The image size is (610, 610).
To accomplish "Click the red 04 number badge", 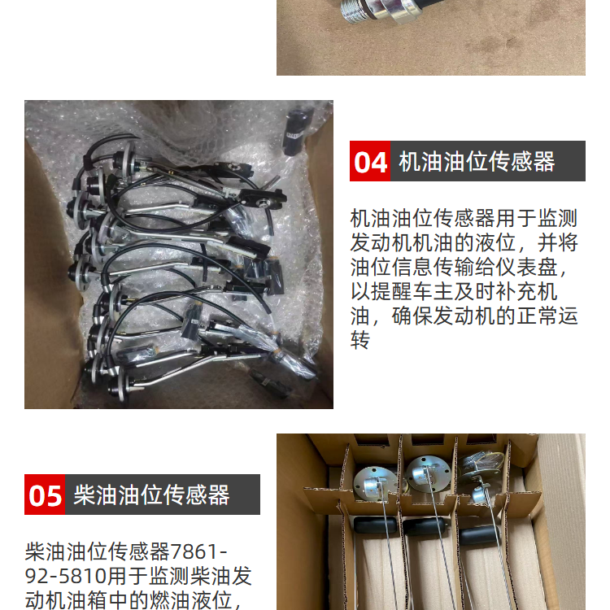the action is (369, 161).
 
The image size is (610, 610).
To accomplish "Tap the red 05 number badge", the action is (45, 495).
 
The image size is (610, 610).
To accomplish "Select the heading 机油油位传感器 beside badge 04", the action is (477, 162).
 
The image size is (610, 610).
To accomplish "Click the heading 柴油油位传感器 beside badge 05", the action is (152, 495).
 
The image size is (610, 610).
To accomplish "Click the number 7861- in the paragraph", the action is (198, 551).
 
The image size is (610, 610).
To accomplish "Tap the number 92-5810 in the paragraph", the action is (66, 576).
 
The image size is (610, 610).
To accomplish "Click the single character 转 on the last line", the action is (359, 341).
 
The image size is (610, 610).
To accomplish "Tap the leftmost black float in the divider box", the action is (376, 526).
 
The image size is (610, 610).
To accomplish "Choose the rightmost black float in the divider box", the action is (479, 535).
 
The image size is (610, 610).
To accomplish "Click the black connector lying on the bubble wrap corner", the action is (297, 131).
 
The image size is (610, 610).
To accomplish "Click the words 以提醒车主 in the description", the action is (401, 291).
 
